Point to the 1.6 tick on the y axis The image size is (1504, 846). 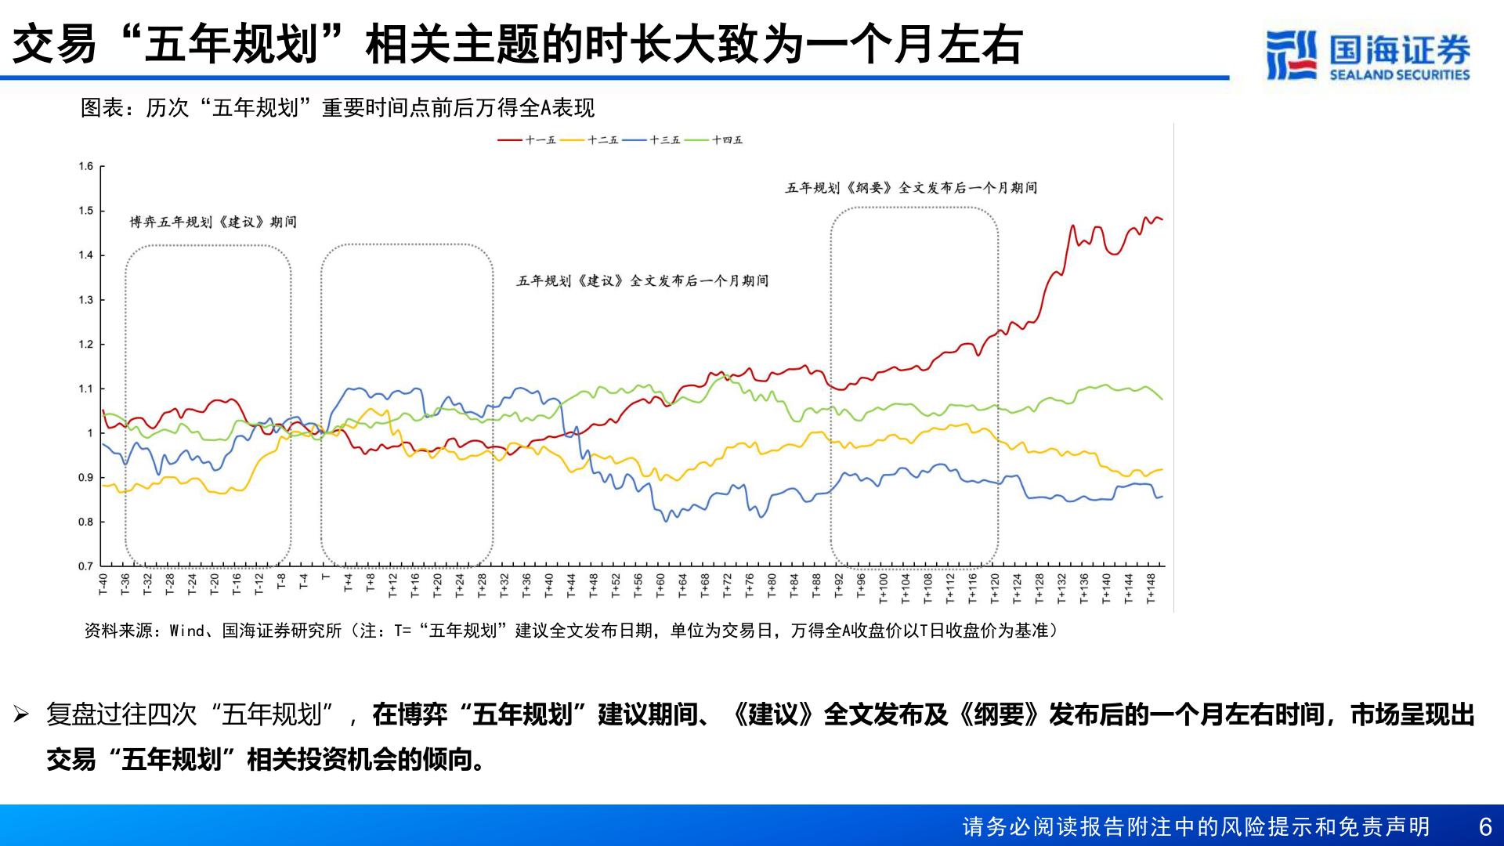pyautogui.click(x=85, y=166)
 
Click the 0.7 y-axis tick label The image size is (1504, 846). pyautogui.click(x=85, y=566)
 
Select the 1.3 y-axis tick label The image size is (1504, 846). pyautogui.click(x=85, y=300)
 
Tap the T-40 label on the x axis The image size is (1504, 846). pyautogui.click(x=103, y=584)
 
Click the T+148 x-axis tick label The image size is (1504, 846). pyautogui.click(x=1151, y=588)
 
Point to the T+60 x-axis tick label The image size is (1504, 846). pyautogui.click(x=660, y=585)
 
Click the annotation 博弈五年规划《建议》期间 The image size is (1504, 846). pyautogui.click(x=213, y=222)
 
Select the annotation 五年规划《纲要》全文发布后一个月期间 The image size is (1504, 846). pyautogui.click(x=911, y=188)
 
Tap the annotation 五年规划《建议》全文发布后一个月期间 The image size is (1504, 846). pyautogui.click(x=642, y=281)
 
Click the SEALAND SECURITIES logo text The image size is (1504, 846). pyautogui.click(x=1399, y=75)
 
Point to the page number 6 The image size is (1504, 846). pyautogui.click(x=1484, y=827)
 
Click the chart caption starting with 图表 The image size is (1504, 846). pyautogui.click(x=338, y=108)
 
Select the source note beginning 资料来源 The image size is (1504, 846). pyautogui.click(x=571, y=631)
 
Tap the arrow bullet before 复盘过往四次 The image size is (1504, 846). pyautogui.click(x=21, y=714)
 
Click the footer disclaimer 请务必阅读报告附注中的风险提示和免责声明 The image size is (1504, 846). pyautogui.click(x=1195, y=827)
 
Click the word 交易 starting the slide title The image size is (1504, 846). pyautogui.click(x=55, y=45)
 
